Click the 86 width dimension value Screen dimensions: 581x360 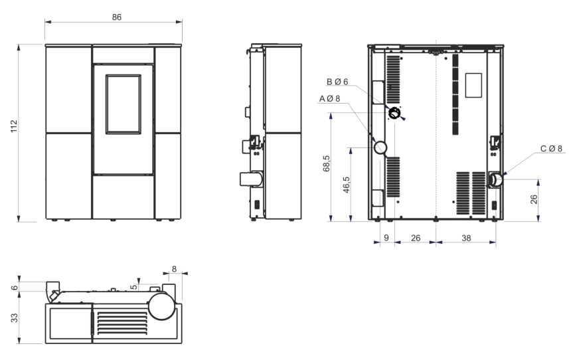point(116,17)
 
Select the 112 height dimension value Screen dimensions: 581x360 point(14,126)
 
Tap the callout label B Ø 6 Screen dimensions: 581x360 point(337,82)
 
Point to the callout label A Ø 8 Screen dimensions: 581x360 point(329,98)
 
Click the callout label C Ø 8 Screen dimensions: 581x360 point(551,149)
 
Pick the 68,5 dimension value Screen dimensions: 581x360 point(326,163)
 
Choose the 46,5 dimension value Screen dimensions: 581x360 point(346,185)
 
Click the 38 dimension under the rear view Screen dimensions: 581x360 point(465,238)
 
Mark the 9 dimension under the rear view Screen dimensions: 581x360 point(386,238)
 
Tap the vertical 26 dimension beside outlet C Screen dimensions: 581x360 point(534,199)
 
